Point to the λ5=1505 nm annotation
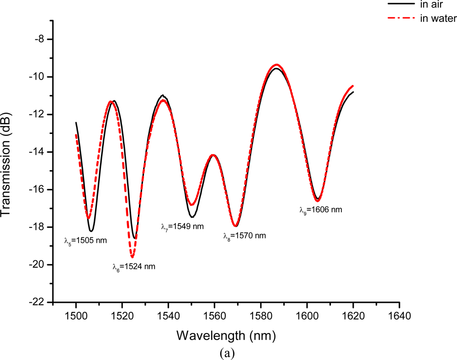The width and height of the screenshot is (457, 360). coord(85,240)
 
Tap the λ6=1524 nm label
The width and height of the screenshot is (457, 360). coord(134,267)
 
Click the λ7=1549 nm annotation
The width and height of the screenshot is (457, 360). coord(182,226)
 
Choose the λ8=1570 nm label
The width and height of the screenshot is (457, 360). coord(244,236)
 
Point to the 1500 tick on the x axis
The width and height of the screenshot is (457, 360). coord(76,316)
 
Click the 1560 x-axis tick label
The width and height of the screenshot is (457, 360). coord(215,316)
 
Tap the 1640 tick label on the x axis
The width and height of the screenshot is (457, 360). coord(399,316)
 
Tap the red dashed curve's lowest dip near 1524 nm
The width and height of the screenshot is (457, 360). coord(132,258)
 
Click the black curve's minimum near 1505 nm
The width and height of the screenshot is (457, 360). coord(91,231)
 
